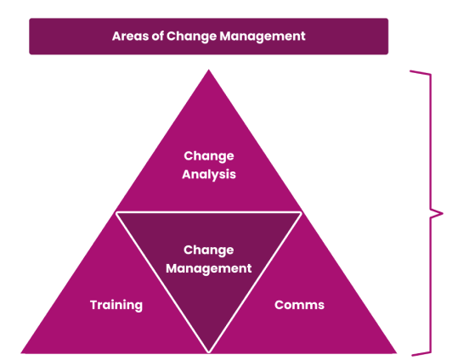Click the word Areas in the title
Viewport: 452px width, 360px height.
pyautogui.click(x=130, y=37)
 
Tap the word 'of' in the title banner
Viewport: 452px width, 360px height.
pyautogui.click(x=157, y=36)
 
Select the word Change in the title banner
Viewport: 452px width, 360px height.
pyautogui.click(x=191, y=37)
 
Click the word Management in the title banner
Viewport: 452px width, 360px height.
pyautogui.click(x=263, y=37)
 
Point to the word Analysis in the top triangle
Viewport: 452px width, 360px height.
pyautogui.click(x=209, y=175)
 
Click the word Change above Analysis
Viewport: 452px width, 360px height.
pyautogui.click(x=209, y=156)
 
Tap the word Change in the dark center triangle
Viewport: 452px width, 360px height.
pyautogui.click(x=209, y=250)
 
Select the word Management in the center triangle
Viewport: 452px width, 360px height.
pyautogui.click(x=209, y=269)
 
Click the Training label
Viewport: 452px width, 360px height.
pyautogui.click(x=116, y=306)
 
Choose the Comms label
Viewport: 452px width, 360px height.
pyautogui.click(x=300, y=305)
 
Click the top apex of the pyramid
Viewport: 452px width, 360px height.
pyautogui.click(x=209, y=70)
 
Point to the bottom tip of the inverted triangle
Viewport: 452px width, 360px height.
pyautogui.click(x=209, y=352)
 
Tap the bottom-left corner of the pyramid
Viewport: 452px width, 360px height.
pyautogui.click(x=21, y=353)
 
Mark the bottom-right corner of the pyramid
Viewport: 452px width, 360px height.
pyautogui.click(x=397, y=353)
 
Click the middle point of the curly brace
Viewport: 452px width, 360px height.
pyautogui.click(x=442, y=213)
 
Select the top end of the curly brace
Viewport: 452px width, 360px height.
pyautogui.click(x=410, y=70)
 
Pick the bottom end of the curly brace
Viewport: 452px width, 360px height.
pyautogui.click(x=411, y=354)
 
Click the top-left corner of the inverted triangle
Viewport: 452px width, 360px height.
pyautogui.click(x=116, y=212)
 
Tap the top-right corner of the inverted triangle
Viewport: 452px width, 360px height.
pyautogui.click(x=302, y=212)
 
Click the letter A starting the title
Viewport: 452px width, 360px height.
pyautogui.click(x=116, y=37)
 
